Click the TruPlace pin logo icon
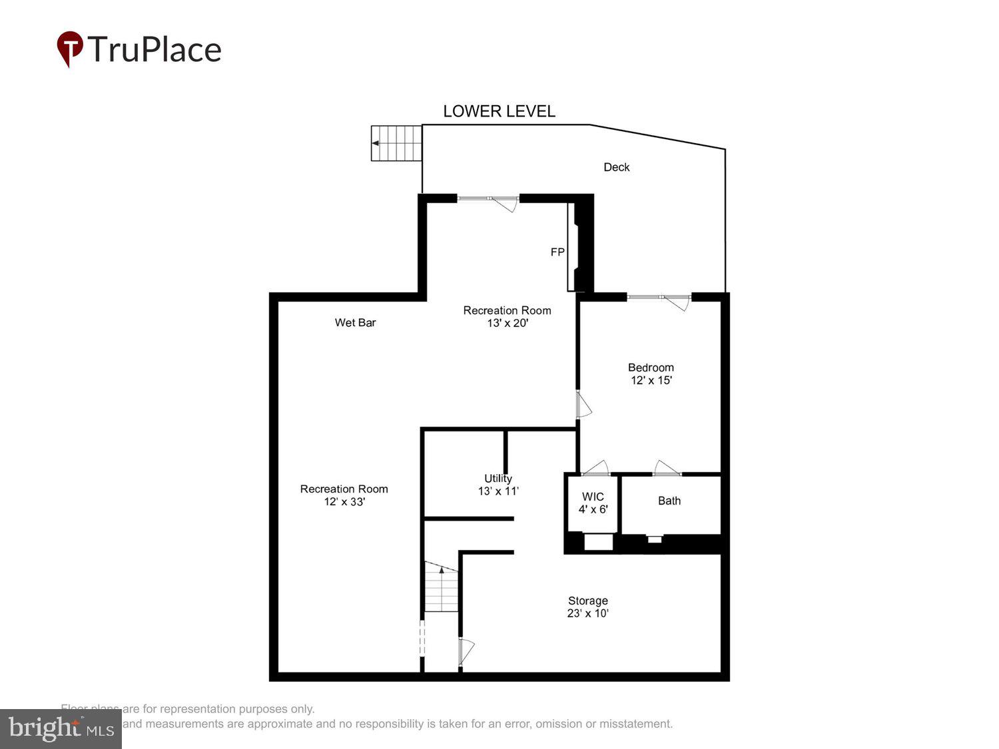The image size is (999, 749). [x=69, y=49]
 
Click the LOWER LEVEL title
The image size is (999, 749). [x=499, y=111]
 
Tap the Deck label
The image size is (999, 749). [x=616, y=167]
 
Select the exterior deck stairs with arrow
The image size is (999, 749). [x=396, y=143]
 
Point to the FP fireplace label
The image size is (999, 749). [x=557, y=252]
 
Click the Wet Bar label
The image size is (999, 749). [x=355, y=323]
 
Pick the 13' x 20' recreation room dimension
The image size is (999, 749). [x=507, y=324]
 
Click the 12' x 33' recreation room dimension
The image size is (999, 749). [x=344, y=502]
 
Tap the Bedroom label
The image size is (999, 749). [x=651, y=368]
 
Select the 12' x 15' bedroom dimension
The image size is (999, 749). [x=651, y=381]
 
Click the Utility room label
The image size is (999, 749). [x=498, y=479]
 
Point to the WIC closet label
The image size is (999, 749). [x=593, y=497]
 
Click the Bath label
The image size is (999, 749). [x=669, y=501]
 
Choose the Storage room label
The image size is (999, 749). [x=587, y=601]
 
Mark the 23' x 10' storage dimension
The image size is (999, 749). [x=587, y=614]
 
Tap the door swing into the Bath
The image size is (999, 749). [x=666, y=468]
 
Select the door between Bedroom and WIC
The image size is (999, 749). [x=595, y=468]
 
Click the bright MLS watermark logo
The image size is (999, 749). [x=61, y=729]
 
